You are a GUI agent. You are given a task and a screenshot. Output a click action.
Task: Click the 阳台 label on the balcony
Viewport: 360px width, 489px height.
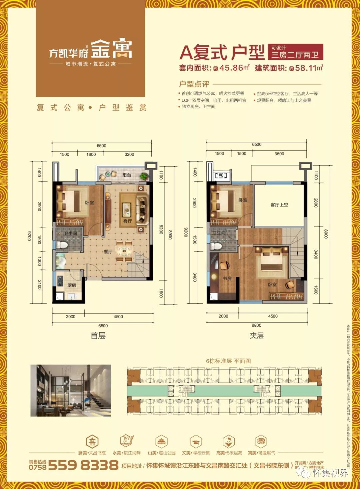(127, 175)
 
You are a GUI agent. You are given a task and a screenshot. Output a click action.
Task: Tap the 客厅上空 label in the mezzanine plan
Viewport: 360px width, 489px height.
(279, 204)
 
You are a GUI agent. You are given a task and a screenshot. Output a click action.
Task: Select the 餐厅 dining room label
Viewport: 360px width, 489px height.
(108, 252)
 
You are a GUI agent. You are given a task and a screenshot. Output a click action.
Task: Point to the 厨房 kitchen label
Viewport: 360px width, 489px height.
(72, 285)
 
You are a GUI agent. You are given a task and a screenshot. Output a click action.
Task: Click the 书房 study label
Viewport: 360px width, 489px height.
(227, 278)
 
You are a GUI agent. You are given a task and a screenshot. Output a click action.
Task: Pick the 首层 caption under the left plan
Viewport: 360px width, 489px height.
(98, 335)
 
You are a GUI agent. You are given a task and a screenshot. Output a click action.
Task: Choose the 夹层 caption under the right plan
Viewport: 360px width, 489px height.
(257, 335)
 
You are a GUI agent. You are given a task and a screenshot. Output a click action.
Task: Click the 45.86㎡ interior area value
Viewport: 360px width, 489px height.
(234, 68)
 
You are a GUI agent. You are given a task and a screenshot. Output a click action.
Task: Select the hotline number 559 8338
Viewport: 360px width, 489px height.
(83, 465)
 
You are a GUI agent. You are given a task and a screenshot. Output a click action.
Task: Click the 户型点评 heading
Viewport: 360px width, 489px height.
(194, 84)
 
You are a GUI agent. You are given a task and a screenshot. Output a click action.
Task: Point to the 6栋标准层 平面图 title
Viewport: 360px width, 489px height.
(228, 361)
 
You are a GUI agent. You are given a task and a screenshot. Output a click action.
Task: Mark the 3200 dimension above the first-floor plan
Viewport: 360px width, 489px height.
(129, 154)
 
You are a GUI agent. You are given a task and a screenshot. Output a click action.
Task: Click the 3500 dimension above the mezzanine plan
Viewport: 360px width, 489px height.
(279, 154)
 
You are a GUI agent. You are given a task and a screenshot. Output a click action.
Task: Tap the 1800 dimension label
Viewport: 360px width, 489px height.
(91, 154)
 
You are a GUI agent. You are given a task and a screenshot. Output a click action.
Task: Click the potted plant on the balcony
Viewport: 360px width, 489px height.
(144, 176)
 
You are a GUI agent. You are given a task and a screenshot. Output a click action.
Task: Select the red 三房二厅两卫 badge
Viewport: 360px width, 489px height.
(295, 52)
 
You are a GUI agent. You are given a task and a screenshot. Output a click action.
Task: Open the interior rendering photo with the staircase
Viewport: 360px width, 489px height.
(71, 390)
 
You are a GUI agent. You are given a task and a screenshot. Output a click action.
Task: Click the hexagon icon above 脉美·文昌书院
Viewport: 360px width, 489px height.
(92, 442)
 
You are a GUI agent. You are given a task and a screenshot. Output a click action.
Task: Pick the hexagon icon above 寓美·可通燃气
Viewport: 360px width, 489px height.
(261, 442)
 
